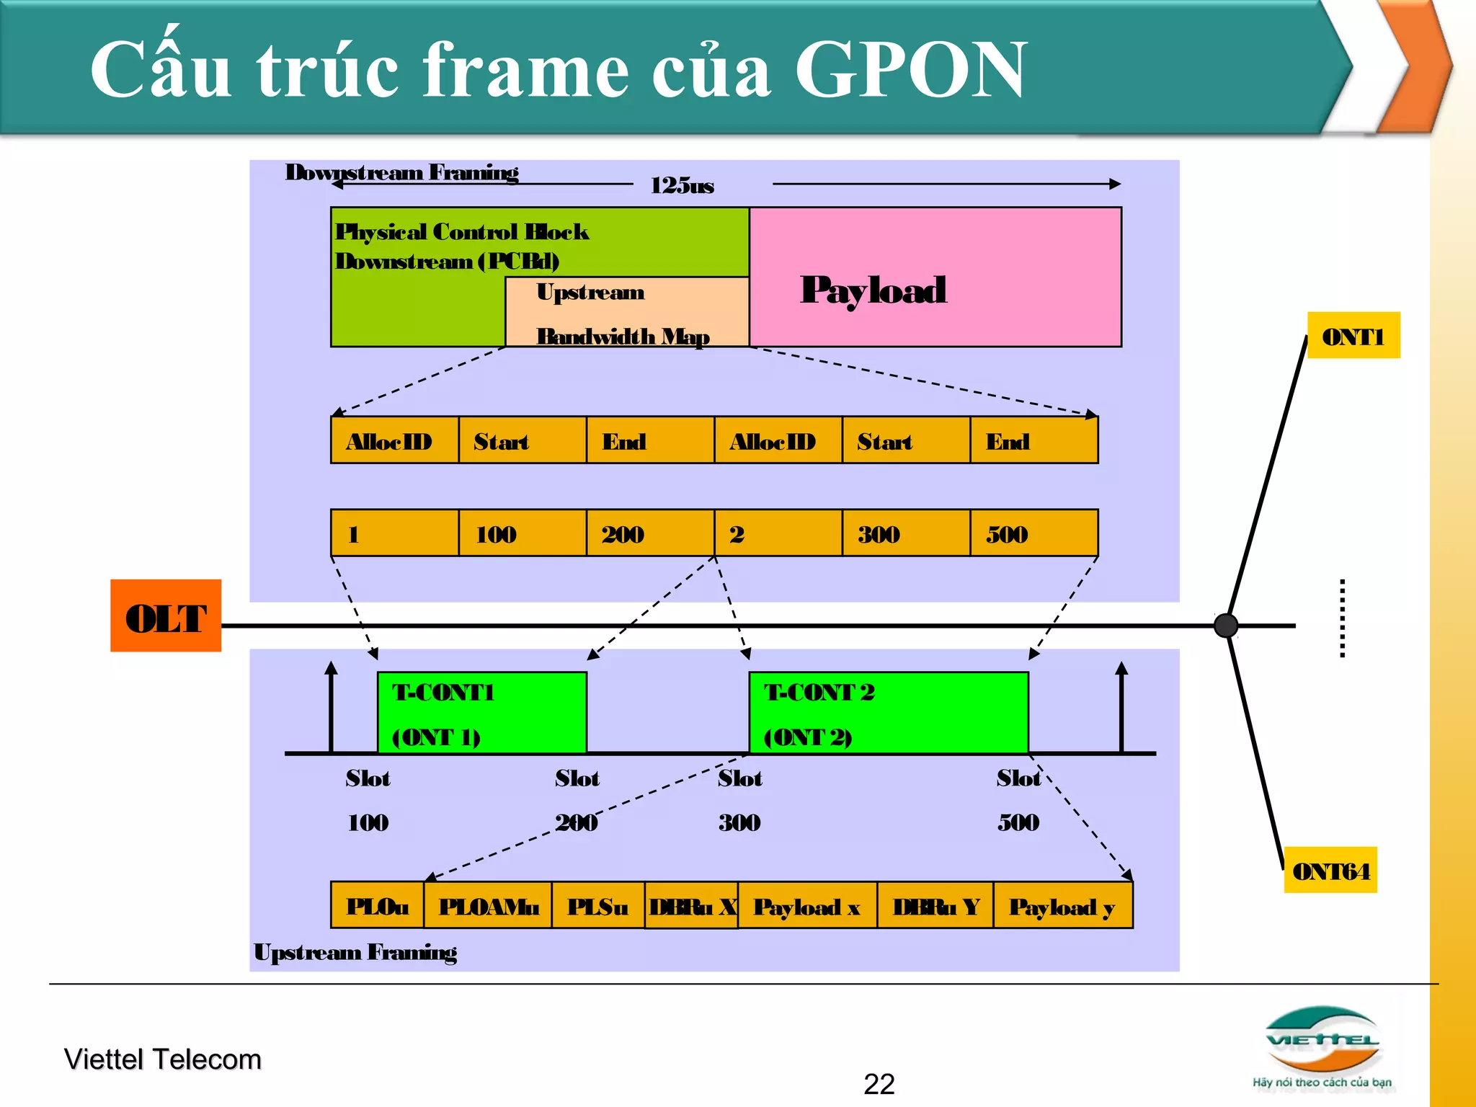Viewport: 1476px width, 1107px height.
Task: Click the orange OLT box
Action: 165,615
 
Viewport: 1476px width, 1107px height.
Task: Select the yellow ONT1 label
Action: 1353,335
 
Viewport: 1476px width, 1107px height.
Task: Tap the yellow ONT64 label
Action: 1330,870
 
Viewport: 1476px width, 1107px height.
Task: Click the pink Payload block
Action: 934,277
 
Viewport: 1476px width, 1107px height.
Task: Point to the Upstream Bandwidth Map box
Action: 626,312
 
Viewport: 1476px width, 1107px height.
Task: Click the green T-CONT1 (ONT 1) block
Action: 481,712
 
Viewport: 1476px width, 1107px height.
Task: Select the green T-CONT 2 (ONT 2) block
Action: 888,712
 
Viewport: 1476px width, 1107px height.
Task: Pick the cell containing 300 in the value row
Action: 905,533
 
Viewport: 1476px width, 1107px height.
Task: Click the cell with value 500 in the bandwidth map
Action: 1033,533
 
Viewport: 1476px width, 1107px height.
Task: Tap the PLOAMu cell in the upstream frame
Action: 488,905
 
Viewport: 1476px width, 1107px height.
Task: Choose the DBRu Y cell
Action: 935,905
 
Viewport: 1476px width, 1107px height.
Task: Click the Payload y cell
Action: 1062,905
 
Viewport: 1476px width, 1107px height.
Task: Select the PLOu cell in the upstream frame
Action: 377,905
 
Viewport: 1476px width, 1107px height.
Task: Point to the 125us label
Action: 682,186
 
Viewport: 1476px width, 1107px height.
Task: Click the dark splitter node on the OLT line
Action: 1225,625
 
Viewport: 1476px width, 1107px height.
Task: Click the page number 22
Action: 879,1084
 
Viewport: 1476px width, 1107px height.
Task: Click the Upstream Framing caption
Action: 355,952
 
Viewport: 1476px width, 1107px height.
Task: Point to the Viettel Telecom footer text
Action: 163,1059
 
